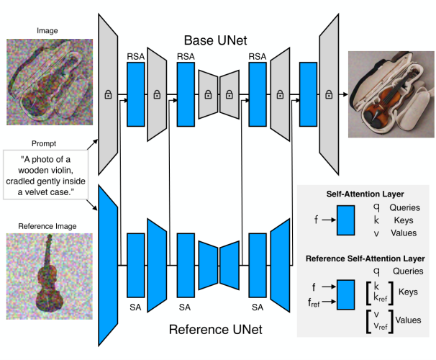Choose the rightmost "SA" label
click(x=257, y=307)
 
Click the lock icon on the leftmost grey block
click(x=107, y=95)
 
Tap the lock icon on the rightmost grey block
click(x=330, y=95)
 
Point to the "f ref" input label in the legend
click(x=314, y=303)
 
